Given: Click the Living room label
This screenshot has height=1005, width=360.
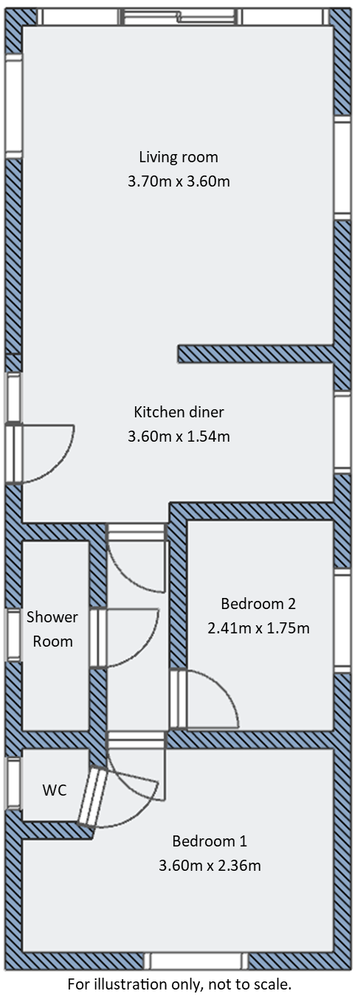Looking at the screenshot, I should [179, 156].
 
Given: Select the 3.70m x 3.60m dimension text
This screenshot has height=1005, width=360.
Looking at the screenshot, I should [179, 181].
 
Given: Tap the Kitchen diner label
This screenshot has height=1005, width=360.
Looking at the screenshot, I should [179, 411].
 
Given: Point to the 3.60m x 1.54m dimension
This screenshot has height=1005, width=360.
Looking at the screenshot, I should [179, 436].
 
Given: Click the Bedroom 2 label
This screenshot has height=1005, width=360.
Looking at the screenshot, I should [258, 604].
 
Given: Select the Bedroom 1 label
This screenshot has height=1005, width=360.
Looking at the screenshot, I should [210, 841].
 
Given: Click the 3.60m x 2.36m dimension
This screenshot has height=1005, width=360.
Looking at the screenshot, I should [210, 865].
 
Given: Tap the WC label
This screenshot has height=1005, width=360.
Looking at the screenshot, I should [54, 790].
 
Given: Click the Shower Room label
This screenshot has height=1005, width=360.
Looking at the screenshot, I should [52, 629].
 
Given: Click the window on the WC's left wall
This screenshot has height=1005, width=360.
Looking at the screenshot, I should [13, 782].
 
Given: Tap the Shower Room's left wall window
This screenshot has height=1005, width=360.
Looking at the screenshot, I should [13, 634].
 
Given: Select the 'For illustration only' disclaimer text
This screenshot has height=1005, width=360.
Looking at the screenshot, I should [179, 984].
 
